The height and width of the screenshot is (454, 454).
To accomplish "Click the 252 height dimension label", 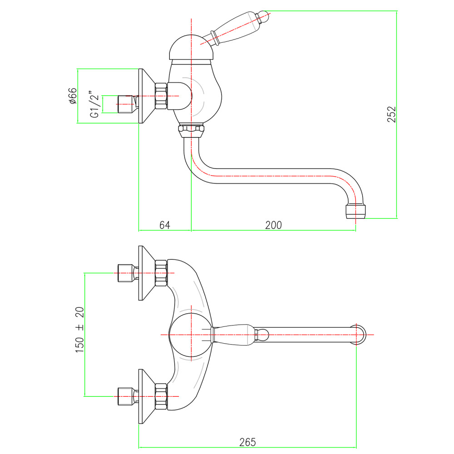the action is [x=391, y=114].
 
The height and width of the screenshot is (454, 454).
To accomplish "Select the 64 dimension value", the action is [x=165, y=225].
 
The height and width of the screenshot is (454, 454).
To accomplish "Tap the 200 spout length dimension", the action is [x=273, y=225].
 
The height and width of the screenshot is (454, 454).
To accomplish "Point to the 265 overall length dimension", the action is [x=247, y=442].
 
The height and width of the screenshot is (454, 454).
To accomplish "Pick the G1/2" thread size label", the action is [x=95, y=106].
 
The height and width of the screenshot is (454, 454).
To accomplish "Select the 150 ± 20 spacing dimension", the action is [x=79, y=330].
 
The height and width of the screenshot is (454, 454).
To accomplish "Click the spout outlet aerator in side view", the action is [x=355, y=212].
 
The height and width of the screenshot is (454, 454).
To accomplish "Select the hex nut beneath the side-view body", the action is [x=192, y=131].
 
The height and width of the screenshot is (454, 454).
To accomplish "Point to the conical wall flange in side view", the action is [x=147, y=96].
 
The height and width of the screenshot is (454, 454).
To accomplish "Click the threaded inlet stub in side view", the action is [x=127, y=104].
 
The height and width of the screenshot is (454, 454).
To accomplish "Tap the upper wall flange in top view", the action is [x=147, y=273].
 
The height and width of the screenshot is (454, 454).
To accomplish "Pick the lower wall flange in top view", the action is [x=147, y=396].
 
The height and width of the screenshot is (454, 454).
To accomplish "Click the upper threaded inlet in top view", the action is [x=127, y=273].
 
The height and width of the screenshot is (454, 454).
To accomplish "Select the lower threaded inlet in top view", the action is [x=127, y=396].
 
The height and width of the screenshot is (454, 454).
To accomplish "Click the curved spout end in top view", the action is [x=359, y=335].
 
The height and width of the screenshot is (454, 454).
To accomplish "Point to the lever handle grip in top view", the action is [x=233, y=335].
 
